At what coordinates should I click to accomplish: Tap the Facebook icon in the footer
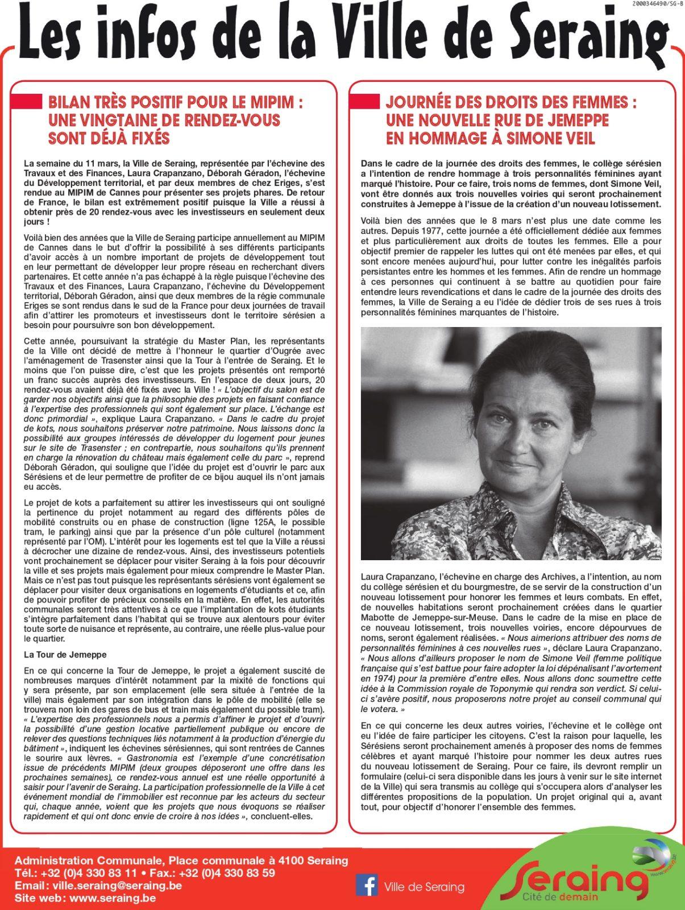point(367,886)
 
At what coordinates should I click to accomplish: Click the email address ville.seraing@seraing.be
point(117,886)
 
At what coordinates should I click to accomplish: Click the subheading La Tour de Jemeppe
point(65,655)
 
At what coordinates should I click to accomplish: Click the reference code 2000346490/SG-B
point(657,4)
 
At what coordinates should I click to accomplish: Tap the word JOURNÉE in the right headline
point(421,103)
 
